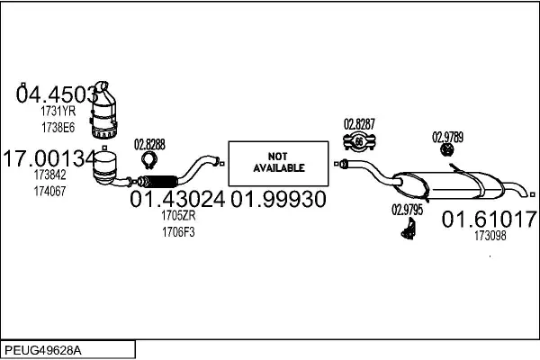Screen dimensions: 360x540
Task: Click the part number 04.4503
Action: [x=57, y=94]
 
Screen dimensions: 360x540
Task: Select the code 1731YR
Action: [x=58, y=112]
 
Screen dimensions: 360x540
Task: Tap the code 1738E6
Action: [x=58, y=127]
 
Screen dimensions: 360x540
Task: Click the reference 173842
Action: [x=49, y=176]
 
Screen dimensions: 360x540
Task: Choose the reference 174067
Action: [x=49, y=192]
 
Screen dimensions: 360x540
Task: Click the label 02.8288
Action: [x=149, y=144]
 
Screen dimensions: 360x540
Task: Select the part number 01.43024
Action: [x=177, y=200]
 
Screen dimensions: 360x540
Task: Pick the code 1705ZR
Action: [x=177, y=217]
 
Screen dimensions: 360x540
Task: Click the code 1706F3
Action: [x=177, y=231]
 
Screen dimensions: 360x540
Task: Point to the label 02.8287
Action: [x=359, y=123]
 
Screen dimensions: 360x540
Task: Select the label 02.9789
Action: [x=447, y=137]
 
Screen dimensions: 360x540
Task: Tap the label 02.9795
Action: [x=407, y=210]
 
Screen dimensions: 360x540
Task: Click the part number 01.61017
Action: [x=490, y=219]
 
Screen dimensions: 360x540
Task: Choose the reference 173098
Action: [x=490, y=236]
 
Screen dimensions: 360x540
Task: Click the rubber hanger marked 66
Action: [x=360, y=140]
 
